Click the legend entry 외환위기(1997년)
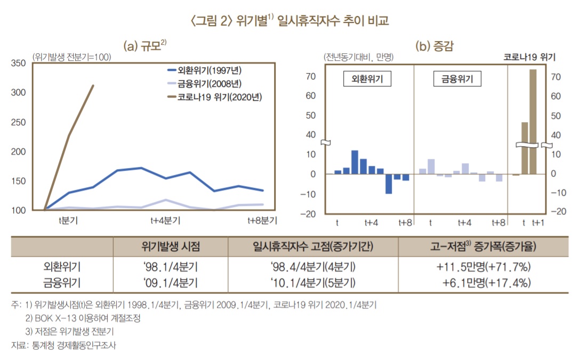pos(213,70)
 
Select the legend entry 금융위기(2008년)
pos(213,84)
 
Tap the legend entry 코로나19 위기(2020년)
pos(218,97)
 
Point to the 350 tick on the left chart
pos(18,63)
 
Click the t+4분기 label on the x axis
pos(165,220)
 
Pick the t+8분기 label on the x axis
pos(262,220)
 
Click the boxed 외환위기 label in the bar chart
pos(366,79)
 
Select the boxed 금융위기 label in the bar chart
pos(457,79)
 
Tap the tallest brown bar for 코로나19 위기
pos(533,122)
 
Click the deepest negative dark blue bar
pos(389,184)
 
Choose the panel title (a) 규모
pos(145,46)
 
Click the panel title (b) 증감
pos(434,46)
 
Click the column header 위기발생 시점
pos(170,247)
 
